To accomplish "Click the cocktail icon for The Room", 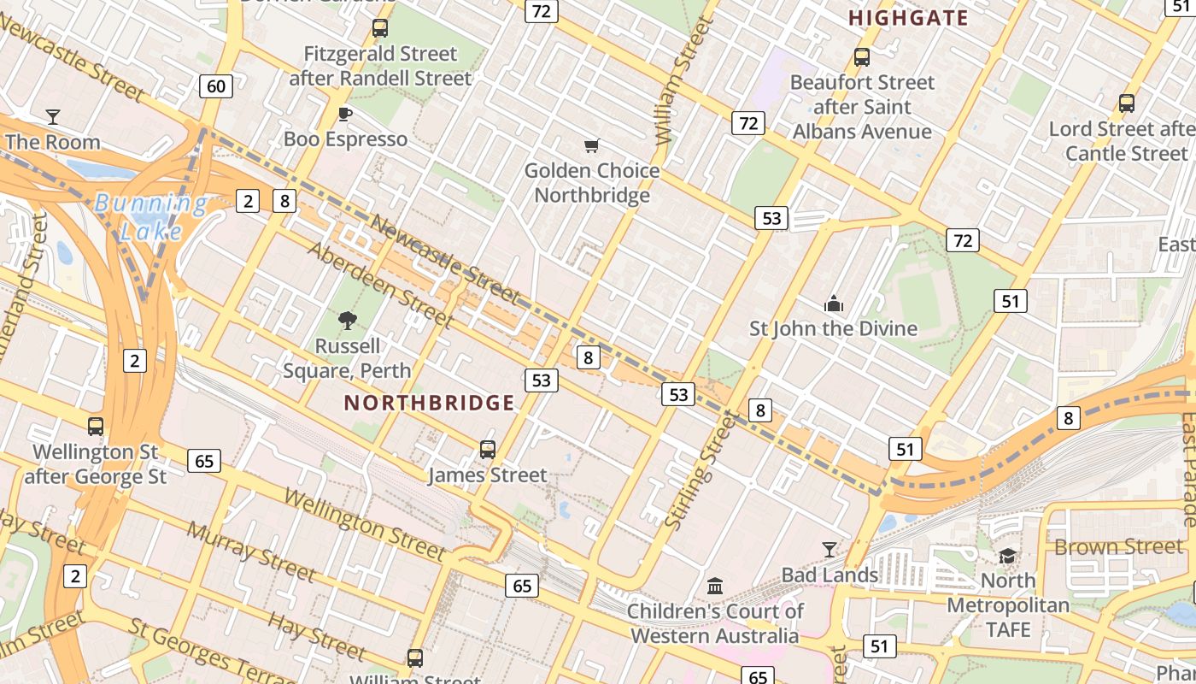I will [x=53, y=115].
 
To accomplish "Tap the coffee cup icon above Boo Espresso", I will [x=345, y=113].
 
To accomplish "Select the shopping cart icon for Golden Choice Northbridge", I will [x=591, y=145].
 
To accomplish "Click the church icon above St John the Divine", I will [x=833, y=304].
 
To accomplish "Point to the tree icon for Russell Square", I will [x=347, y=321].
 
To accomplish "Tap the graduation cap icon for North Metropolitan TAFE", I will [x=1008, y=556].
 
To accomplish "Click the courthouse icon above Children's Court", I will [x=716, y=586].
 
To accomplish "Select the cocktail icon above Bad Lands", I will [x=829, y=549].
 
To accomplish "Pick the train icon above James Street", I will [x=487, y=449].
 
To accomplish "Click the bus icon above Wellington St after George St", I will [x=96, y=426].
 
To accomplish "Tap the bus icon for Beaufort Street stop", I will [x=862, y=57].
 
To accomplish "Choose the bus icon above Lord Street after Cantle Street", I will [x=1127, y=103].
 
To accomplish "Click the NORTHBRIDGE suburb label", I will [x=429, y=403].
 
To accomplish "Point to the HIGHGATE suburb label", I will [x=909, y=18].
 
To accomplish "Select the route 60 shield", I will [x=216, y=85].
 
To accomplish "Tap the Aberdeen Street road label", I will [x=379, y=286].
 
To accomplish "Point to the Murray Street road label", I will [x=250, y=550].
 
